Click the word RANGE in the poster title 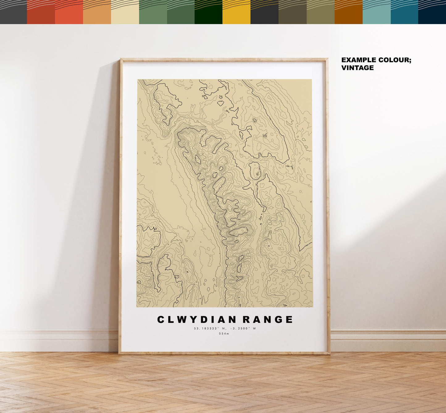[x=268, y=320]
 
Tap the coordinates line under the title [x=225, y=328]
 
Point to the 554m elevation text [x=224, y=334]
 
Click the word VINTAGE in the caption [x=357, y=68]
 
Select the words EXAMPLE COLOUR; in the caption [x=376, y=60]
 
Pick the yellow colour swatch [x=236, y=12]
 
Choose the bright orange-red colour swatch [x=69, y=12]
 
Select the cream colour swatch [x=125, y=12]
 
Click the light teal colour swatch [x=376, y=12]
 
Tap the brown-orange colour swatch [x=348, y=12]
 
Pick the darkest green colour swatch [x=208, y=12]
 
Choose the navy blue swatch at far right [x=432, y=12]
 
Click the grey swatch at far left [x=13, y=12]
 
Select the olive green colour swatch [x=320, y=12]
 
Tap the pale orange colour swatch [x=97, y=12]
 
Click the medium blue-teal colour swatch [x=404, y=12]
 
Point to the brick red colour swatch [x=41, y=12]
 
